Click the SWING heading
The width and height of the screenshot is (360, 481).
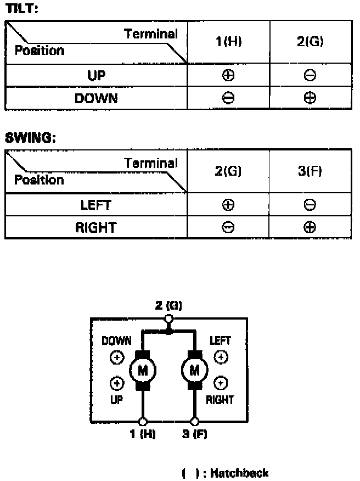30,137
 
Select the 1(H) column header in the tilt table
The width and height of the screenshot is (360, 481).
229,42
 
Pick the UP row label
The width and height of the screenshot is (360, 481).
96,75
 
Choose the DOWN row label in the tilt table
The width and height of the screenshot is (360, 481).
96,98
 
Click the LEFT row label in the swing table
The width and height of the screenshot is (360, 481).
96,205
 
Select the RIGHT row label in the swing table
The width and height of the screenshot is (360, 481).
96,227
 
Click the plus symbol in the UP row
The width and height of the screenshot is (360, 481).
229,76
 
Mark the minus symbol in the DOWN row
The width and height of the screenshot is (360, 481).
229,98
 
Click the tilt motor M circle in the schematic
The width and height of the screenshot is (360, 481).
143,371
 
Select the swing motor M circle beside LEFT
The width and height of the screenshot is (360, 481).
194,371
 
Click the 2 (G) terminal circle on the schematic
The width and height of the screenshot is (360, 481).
168,319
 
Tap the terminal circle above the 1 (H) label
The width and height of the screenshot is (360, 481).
143,422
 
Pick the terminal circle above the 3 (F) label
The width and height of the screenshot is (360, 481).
194,422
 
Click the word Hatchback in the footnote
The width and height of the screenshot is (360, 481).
240,473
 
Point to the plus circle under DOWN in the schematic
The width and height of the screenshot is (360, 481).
116,358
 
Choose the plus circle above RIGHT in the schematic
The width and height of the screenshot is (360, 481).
220,383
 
